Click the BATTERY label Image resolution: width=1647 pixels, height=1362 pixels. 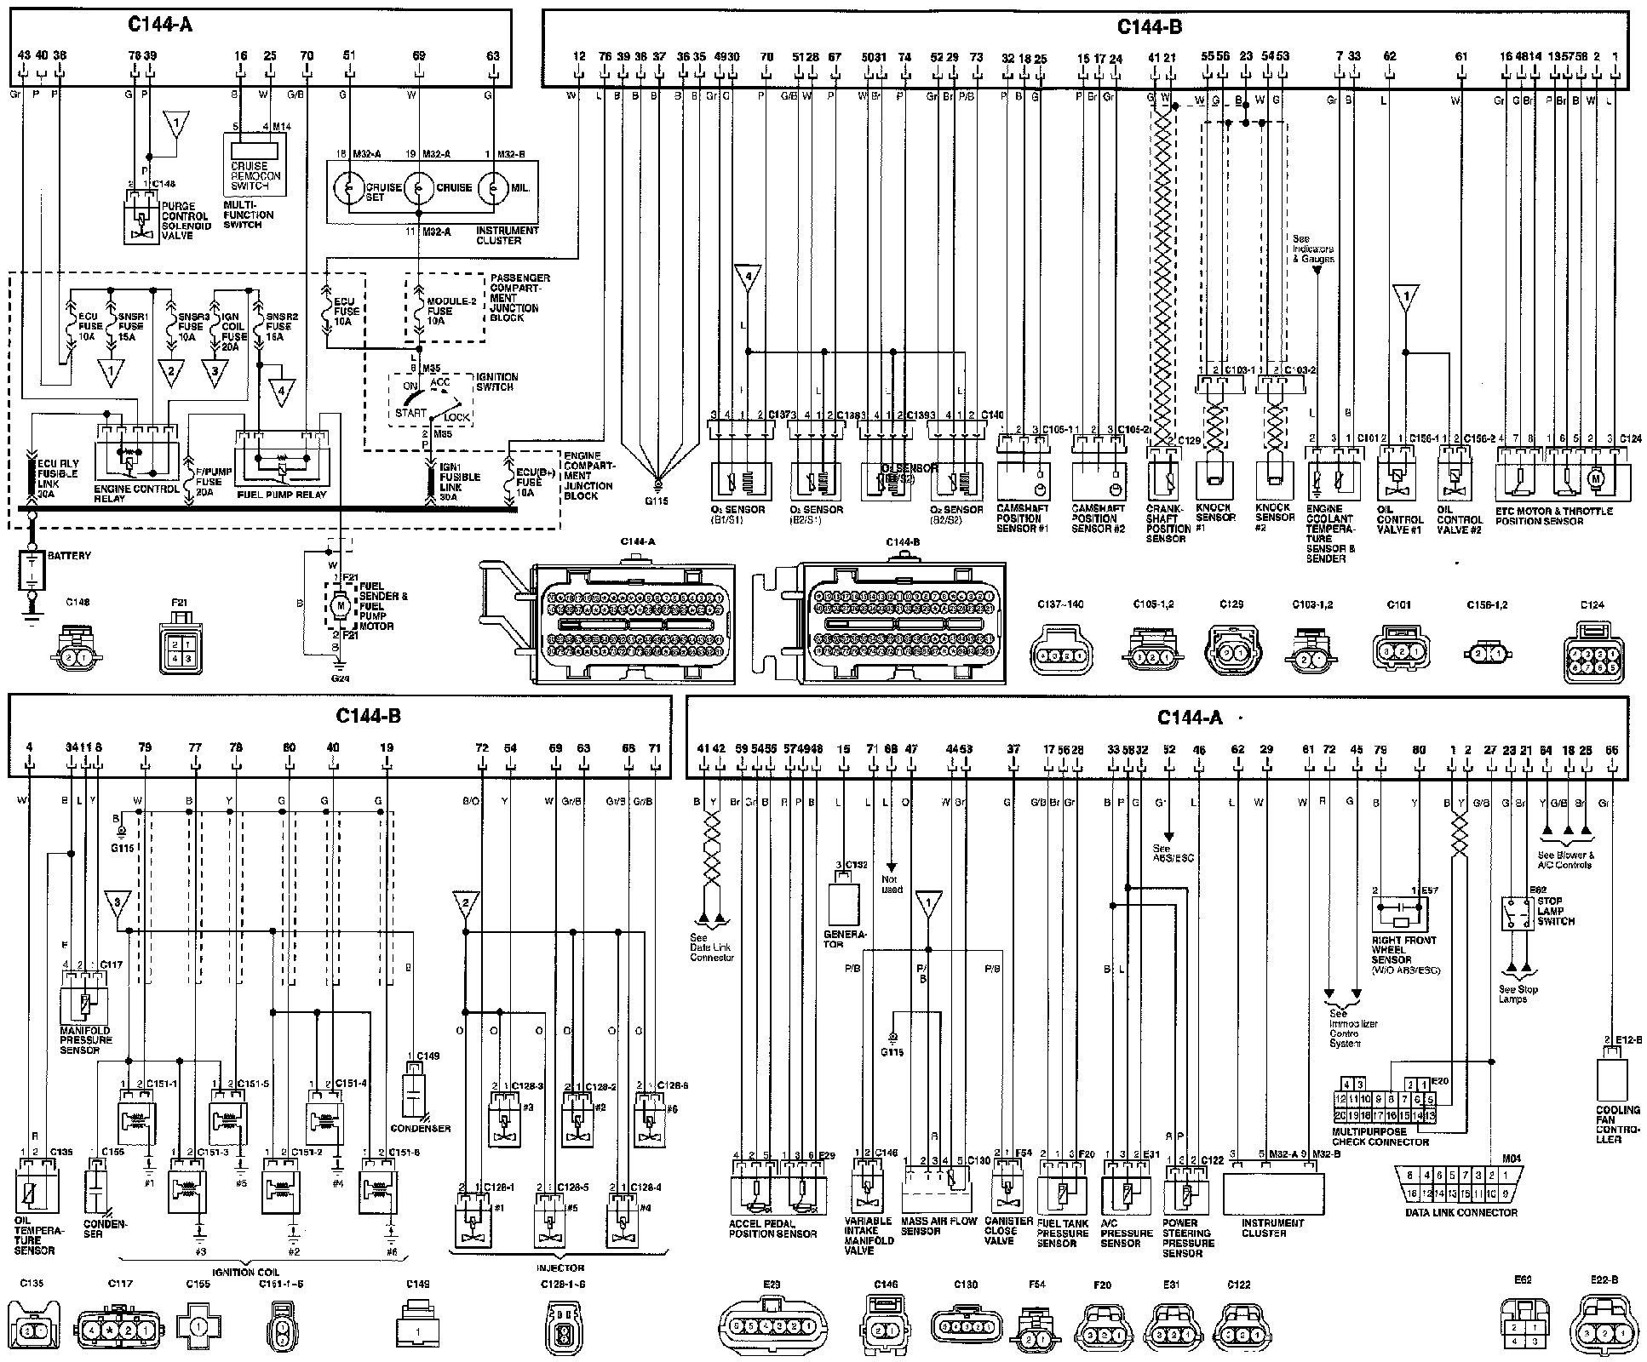(69, 556)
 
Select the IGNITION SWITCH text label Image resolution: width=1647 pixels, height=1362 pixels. (496, 381)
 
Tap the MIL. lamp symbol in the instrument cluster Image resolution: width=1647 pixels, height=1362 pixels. (493, 187)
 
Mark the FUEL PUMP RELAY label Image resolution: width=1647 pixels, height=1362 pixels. (282, 495)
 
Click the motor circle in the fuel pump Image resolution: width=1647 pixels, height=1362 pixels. (340, 604)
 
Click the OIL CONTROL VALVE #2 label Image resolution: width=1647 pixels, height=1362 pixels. (1460, 519)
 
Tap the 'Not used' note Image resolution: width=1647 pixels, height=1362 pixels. (892, 884)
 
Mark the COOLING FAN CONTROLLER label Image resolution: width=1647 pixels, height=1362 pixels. (1617, 1125)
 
